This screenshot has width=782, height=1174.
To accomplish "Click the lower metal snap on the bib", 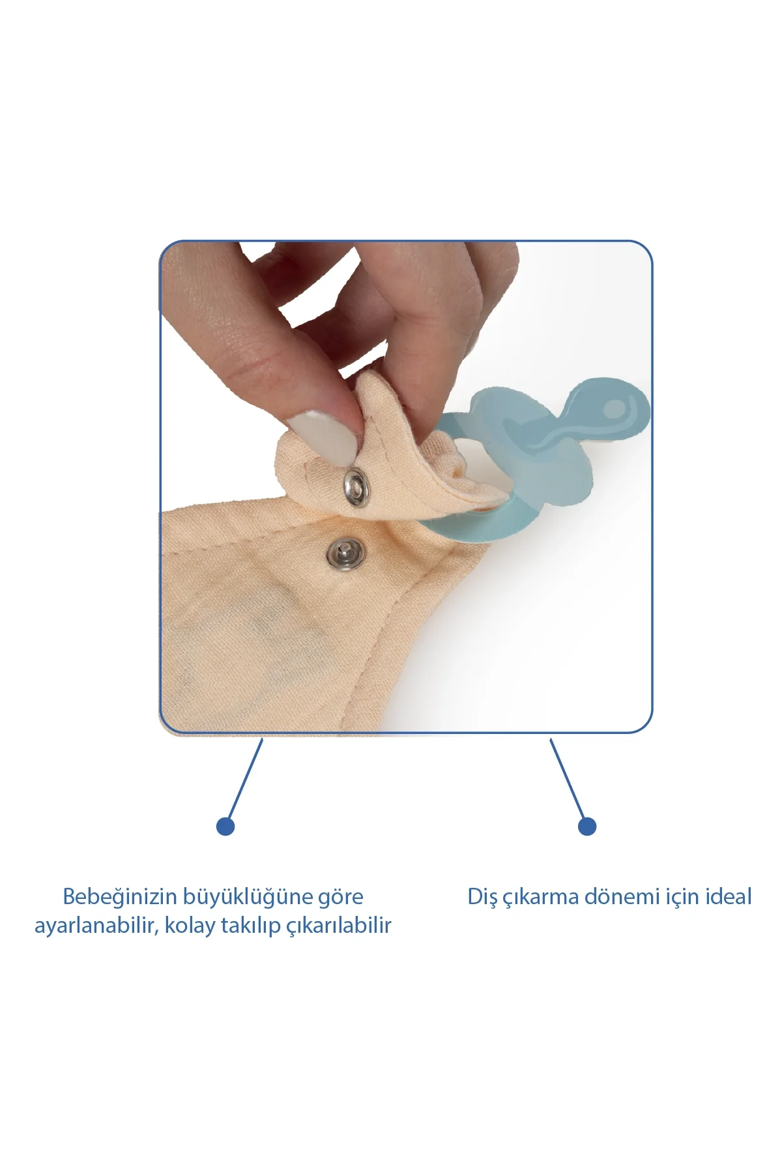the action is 345,555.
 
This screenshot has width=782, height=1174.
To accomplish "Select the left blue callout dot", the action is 225,827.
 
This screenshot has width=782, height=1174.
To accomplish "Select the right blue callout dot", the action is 587,827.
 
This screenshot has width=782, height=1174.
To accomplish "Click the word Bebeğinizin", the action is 120,897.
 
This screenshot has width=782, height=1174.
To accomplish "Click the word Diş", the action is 483,897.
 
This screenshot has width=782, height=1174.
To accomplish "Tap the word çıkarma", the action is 541,898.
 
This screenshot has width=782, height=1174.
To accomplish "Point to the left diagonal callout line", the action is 244,779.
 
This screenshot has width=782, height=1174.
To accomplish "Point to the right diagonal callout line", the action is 568,779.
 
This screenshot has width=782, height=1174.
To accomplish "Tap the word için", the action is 681,898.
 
